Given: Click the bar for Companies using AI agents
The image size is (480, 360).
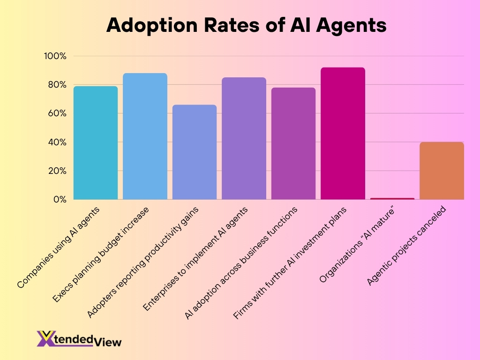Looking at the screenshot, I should (x=96, y=143).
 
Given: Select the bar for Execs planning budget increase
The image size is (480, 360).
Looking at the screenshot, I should (x=145, y=136).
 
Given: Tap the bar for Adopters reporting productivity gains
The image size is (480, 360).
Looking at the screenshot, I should (x=195, y=152).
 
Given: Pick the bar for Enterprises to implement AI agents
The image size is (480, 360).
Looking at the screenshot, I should (x=244, y=139).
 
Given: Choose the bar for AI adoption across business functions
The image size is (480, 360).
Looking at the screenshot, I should (x=293, y=143).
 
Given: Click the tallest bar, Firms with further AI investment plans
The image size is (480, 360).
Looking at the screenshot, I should (x=343, y=134).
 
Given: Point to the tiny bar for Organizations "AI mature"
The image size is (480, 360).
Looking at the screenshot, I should (x=392, y=198).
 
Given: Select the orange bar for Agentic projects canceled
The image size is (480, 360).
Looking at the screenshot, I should (x=442, y=171).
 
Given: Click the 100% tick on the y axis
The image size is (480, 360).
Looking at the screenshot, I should (x=55, y=56).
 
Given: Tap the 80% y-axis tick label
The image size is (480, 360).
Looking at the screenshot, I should (x=57, y=85).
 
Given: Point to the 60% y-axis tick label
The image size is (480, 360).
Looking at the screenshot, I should (x=57, y=113).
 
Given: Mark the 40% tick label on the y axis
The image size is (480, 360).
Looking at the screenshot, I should (x=57, y=142).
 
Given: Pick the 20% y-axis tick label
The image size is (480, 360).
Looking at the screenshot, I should (x=57, y=171).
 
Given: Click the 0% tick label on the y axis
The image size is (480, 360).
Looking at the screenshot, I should (x=59, y=199).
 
